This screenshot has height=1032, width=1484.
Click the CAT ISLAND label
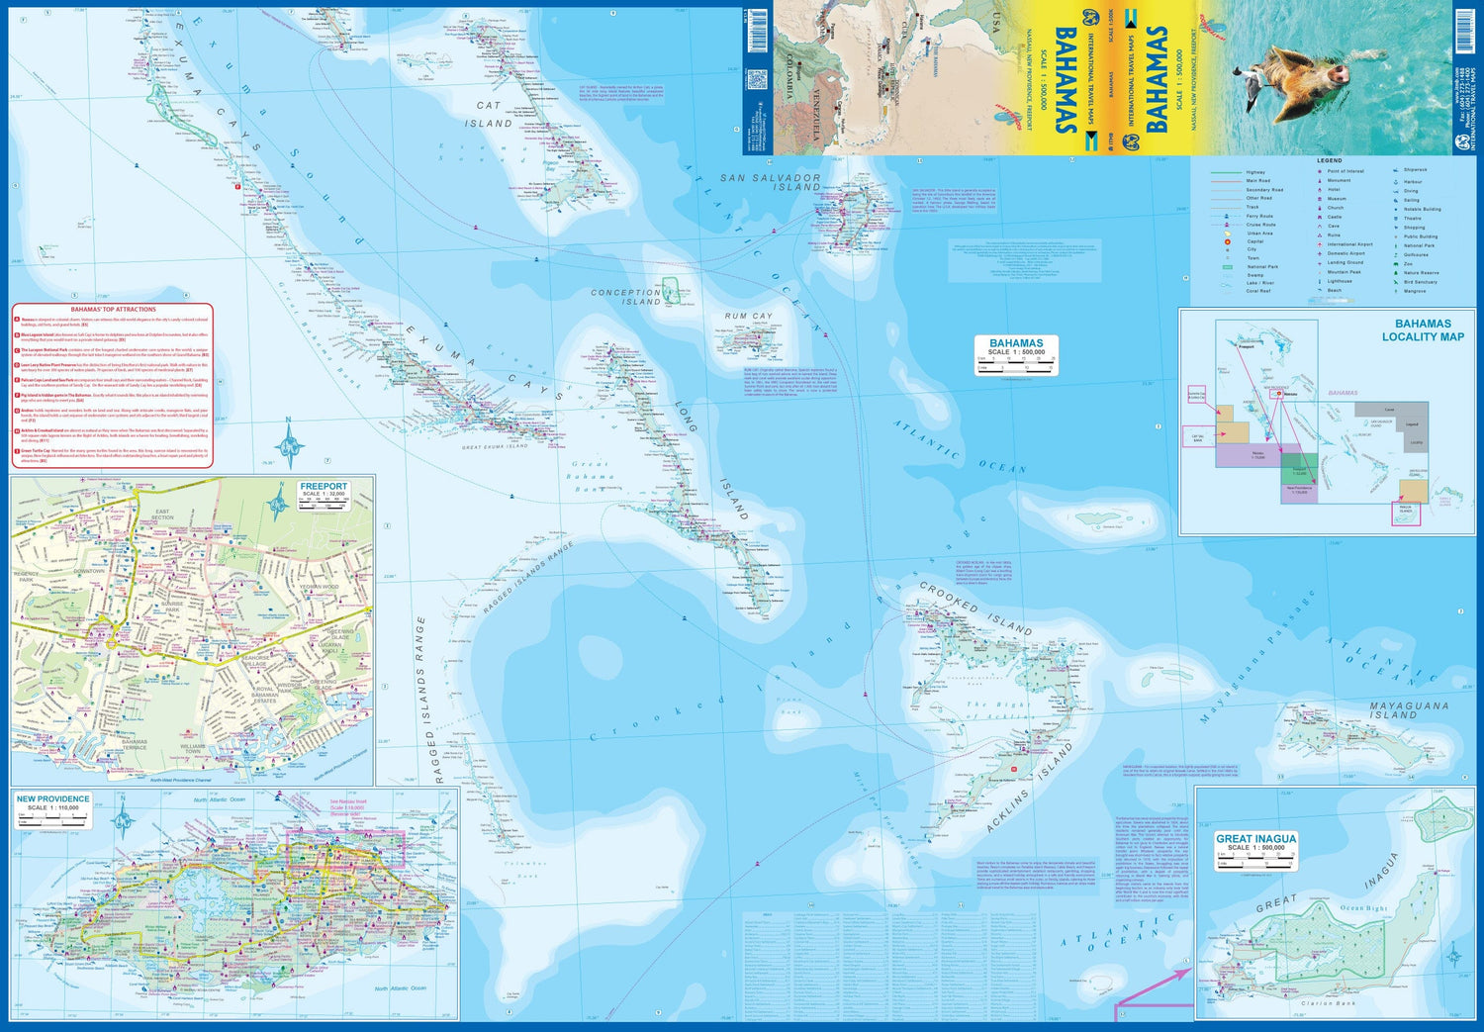489,114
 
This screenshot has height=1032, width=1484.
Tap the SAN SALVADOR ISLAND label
770,182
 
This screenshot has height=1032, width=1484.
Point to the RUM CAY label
748,317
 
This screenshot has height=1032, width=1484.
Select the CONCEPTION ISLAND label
625,297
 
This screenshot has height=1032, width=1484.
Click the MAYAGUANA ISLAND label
1409,710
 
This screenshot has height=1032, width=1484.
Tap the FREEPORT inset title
324,486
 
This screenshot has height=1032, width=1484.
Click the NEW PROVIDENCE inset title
52,798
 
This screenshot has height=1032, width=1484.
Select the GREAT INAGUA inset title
1255,839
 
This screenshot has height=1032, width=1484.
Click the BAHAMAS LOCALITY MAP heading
1423,330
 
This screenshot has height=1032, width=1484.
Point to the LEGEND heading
1329,160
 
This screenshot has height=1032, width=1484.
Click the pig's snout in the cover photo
1339,72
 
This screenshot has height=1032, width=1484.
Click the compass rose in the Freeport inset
278,508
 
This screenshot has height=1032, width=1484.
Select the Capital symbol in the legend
1228,241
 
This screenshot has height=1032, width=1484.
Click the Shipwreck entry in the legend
1415,169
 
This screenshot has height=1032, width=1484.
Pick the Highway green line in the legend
1227,172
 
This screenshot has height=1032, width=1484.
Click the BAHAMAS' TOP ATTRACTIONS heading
113,310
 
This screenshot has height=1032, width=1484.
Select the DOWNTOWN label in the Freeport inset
89,572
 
